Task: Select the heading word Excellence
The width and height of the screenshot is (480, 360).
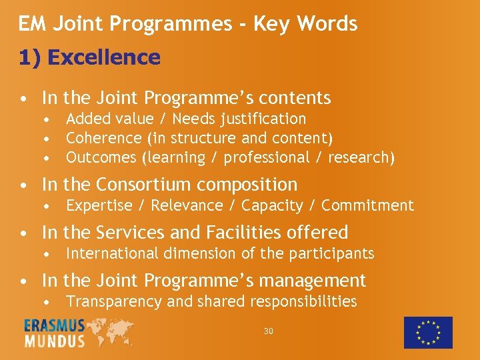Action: click(x=104, y=58)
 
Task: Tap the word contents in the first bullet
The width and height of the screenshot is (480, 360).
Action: click(x=294, y=98)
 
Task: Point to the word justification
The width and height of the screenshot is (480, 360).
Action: click(x=265, y=119)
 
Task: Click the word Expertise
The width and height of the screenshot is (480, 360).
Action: click(x=99, y=206)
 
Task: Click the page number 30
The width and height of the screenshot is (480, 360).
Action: click(x=269, y=331)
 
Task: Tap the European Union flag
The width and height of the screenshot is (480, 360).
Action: click(x=428, y=332)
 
